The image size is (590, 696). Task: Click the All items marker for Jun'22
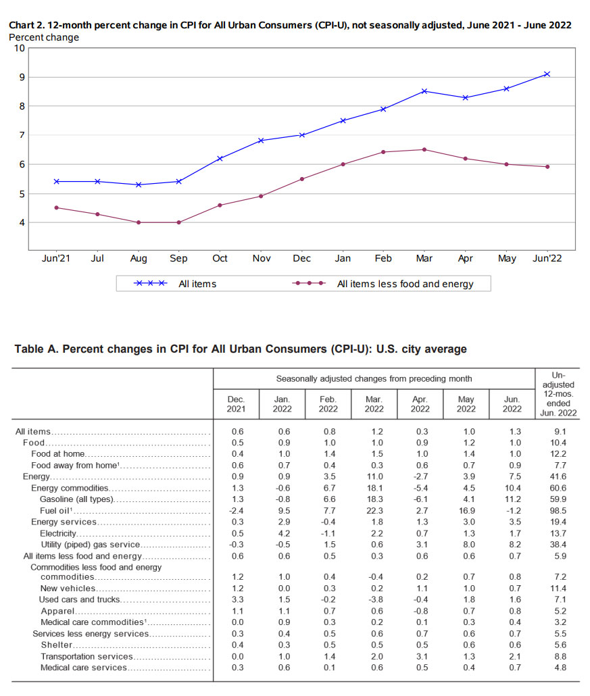[547, 74]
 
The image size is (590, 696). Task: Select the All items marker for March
[424, 91]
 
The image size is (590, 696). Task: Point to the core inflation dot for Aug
[139, 222]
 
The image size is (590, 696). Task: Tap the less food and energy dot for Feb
[383, 152]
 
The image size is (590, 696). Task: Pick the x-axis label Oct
[220, 258]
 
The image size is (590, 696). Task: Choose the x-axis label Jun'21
[57, 258]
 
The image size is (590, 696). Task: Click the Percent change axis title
[43, 37]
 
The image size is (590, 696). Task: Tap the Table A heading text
[241, 349]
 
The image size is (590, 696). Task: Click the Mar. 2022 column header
[374, 404]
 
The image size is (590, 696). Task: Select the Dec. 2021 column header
[236, 404]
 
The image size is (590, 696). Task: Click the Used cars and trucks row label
[80, 599]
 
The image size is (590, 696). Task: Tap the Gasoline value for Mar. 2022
[374, 499]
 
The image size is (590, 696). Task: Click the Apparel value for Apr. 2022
[420, 611]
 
